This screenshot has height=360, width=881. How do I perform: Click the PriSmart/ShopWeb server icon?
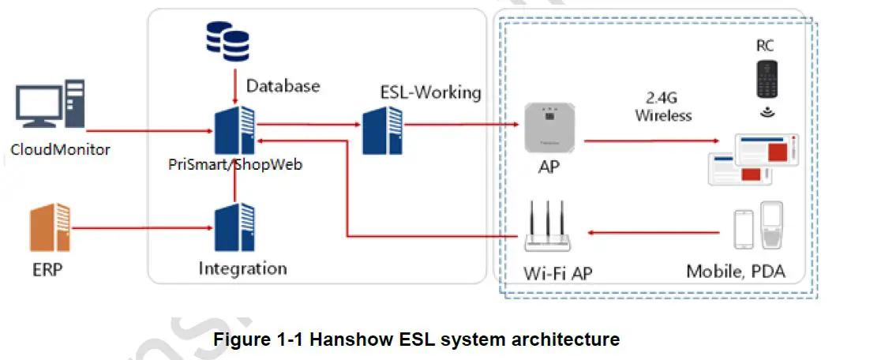click(x=235, y=129)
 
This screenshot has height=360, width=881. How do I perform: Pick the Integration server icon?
click(x=235, y=227)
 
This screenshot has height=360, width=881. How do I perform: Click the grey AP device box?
click(x=550, y=129)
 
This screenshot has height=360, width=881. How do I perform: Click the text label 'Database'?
click(x=283, y=84)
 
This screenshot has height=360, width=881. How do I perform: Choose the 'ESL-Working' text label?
click(x=430, y=92)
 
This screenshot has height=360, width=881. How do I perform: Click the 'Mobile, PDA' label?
click(x=736, y=272)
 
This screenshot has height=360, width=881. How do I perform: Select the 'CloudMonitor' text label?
click(x=60, y=148)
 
